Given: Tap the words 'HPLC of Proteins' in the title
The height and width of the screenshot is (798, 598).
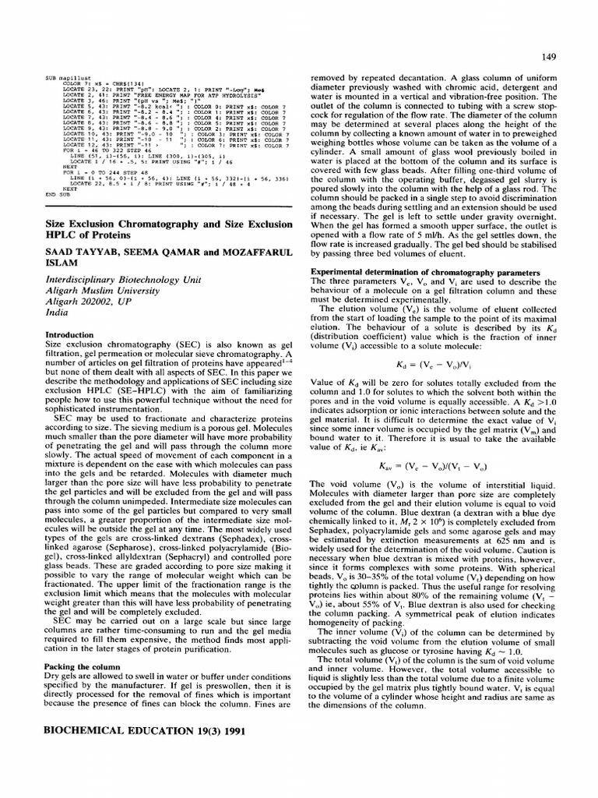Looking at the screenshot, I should (x=90, y=232).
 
